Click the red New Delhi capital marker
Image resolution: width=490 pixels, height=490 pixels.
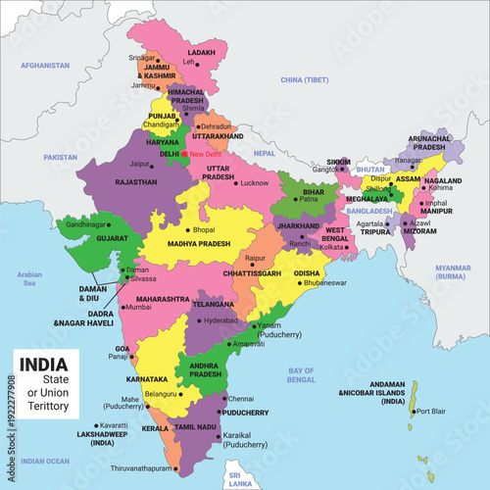(x=184, y=154)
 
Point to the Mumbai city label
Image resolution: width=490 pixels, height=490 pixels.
(x=139, y=307)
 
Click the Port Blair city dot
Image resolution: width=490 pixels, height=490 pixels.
(x=412, y=412)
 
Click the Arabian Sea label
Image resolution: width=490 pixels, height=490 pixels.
(x=29, y=279)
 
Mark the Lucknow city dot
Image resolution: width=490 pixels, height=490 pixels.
(x=232, y=183)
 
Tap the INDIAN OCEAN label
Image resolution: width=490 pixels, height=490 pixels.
(x=45, y=461)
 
